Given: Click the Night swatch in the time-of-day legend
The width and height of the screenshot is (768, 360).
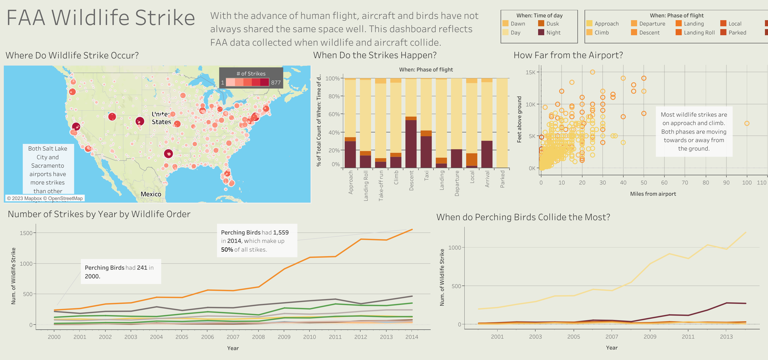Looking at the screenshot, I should pyautogui.click(x=541, y=32).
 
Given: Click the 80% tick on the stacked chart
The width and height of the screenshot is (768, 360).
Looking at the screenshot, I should pyautogui.click(x=334, y=96).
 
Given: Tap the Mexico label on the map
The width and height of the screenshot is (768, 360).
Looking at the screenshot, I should pyautogui.click(x=151, y=194).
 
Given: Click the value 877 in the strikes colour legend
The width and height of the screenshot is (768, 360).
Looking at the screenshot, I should pyautogui.click(x=276, y=83).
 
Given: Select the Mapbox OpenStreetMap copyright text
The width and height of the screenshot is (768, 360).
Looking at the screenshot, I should pyautogui.click(x=45, y=198).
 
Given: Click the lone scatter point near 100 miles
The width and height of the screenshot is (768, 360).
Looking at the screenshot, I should pyautogui.click(x=747, y=123).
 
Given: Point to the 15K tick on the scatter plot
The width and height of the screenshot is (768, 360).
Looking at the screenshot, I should pyautogui.click(x=530, y=72).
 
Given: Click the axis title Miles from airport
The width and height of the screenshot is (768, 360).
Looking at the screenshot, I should pyautogui.click(x=653, y=194).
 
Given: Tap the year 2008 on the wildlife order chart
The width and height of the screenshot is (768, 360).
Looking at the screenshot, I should pyautogui.click(x=258, y=337).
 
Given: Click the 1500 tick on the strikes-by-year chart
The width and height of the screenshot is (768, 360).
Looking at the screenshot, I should pyautogui.click(x=26, y=233).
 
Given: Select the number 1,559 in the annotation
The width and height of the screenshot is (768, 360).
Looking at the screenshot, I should pyautogui.click(x=281, y=232).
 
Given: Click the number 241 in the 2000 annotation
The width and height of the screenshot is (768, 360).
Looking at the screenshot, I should pyautogui.click(x=142, y=268).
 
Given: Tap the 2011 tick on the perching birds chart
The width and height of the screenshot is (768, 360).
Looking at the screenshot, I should pyautogui.click(x=688, y=337).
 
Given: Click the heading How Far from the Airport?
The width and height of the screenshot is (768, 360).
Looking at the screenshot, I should pyautogui.click(x=568, y=55).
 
